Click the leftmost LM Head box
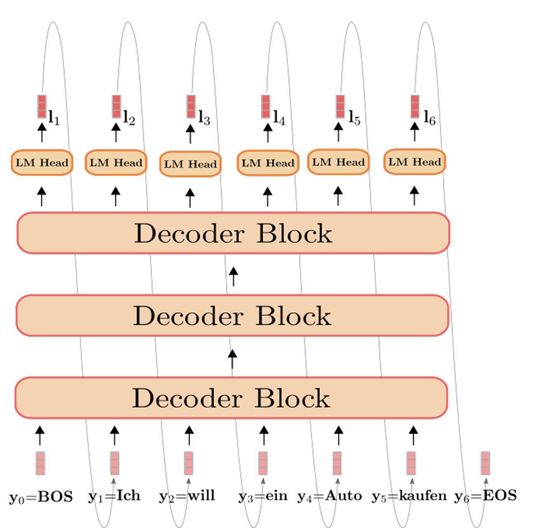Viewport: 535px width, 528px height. (x=42, y=163)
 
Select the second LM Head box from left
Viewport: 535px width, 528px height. (x=116, y=163)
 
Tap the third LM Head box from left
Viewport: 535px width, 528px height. (x=191, y=164)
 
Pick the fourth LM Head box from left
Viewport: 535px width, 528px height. (x=268, y=163)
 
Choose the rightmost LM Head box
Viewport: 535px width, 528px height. (x=415, y=162)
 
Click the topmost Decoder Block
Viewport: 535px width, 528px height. (x=233, y=233)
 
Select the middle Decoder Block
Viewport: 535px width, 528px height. (x=233, y=315)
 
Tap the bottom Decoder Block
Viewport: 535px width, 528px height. (x=231, y=398)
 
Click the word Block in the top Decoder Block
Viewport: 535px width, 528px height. (x=294, y=233)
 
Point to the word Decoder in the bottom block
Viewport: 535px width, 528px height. (x=187, y=398)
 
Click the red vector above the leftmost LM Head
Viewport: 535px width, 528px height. (x=42, y=106)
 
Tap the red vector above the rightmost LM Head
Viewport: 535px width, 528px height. (x=415, y=106)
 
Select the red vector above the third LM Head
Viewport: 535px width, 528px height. (x=191, y=106)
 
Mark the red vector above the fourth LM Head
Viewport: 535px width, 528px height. (x=266, y=106)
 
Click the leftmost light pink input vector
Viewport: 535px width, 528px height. (x=40, y=463)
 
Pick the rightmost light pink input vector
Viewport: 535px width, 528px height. (x=485, y=463)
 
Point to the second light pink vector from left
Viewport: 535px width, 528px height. (x=114, y=463)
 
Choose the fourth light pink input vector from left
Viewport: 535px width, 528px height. (x=263, y=463)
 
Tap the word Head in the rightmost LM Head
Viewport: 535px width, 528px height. (x=427, y=162)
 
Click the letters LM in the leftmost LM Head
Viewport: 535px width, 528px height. (x=26, y=163)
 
